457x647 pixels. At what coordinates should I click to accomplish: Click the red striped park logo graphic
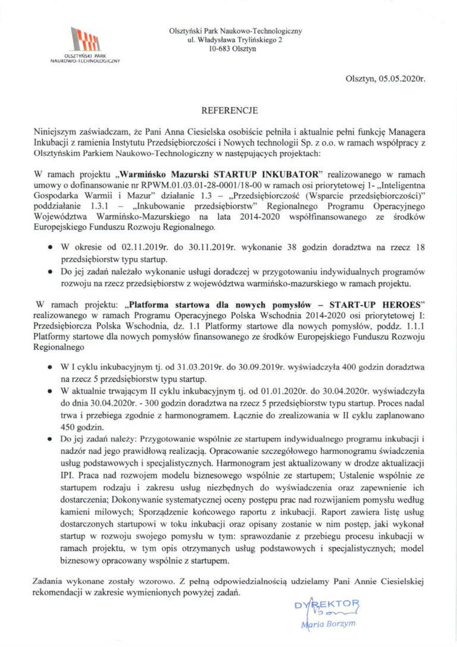point(85,40)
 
